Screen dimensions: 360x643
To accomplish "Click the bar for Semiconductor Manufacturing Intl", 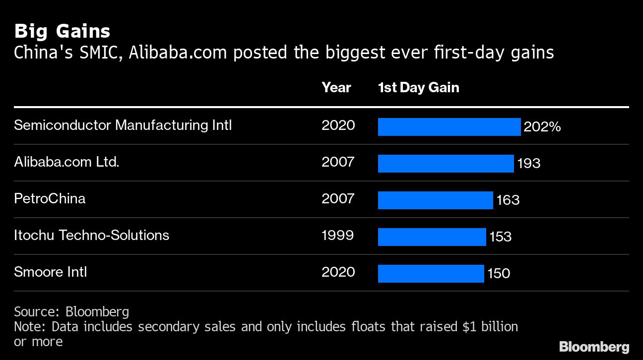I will (x=449, y=127).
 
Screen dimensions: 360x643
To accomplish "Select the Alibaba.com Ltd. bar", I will (x=446, y=164).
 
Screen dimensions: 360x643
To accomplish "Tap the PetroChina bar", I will (x=435, y=200).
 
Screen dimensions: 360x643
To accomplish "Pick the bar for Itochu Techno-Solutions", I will (x=432, y=237).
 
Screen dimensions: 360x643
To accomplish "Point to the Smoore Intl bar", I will (x=431, y=274).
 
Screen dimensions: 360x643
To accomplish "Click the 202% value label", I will (x=542, y=127).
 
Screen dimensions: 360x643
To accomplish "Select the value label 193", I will (x=529, y=163).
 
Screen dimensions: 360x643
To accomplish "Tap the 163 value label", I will (x=508, y=200).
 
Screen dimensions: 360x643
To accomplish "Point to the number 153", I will (x=501, y=237).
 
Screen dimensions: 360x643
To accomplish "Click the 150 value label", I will (x=499, y=273).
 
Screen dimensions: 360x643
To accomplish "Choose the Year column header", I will (x=336, y=88).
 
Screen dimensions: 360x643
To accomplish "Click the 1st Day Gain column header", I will (x=418, y=88).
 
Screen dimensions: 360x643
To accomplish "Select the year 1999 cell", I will (x=337, y=235).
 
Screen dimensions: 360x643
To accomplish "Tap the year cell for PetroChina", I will (x=338, y=198).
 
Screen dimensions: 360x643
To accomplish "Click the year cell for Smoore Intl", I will (x=338, y=272).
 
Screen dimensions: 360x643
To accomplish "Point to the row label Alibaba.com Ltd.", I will (x=66, y=162).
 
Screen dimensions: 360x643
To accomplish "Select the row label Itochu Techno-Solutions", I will (x=91, y=235).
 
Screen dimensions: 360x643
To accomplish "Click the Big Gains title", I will (x=62, y=31).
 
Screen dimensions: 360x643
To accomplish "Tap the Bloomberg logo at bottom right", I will (x=594, y=347).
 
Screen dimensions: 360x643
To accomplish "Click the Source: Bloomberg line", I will (x=71, y=311).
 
